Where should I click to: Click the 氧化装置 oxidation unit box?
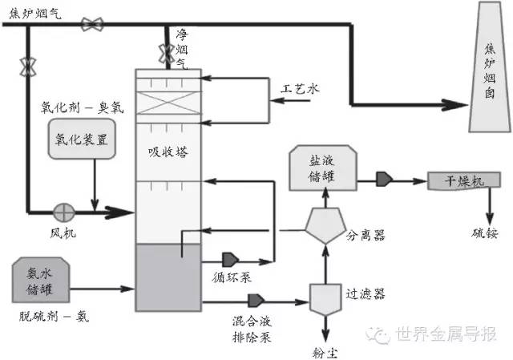[x=82, y=139]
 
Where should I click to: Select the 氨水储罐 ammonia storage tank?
[x=41, y=280]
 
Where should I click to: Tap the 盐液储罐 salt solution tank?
[x=323, y=168]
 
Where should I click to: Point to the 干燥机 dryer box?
[x=464, y=180]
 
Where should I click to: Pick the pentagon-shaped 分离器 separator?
[x=325, y=225]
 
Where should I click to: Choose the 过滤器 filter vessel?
[x=325, y=299]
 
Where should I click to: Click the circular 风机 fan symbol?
[x=64, y=212]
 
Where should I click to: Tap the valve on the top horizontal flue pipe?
[x=92, y=25]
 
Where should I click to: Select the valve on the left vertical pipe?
[x=28, y=67]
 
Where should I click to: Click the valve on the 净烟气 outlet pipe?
[x=167, y=54]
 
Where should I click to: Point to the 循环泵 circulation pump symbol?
[x=230, y=260]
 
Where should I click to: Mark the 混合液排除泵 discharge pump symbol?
[x=256, y=301]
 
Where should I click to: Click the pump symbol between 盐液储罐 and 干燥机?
[x=384, y=180]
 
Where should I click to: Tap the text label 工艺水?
[x=300, y=89]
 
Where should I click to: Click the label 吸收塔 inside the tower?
[x=168, y=152]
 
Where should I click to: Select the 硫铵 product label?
[x=485, y=233]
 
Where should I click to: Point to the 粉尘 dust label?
[x=325, y=353]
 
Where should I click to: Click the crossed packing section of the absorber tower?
[x=168, y=103]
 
